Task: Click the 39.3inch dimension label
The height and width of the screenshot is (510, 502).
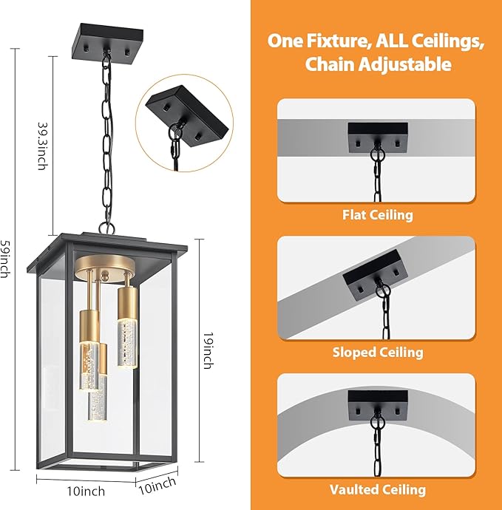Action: (x=42, y=146)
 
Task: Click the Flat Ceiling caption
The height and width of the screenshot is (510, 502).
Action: (x=377, y=215)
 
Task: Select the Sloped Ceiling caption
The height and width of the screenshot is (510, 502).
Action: (x=377, y=352)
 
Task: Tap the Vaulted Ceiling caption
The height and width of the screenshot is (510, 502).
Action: (x=377, y=489)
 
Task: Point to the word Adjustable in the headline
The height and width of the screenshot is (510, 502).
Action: (x=407, y=65)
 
